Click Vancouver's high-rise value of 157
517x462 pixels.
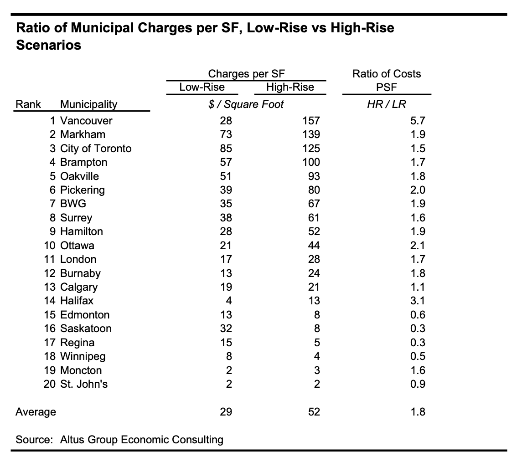tap(311, 121)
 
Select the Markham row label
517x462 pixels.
tap(83, 134)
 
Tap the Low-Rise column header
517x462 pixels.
tap(202, 87)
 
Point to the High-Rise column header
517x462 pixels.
tap(290, 87)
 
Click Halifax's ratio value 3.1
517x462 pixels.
tap(418, 301)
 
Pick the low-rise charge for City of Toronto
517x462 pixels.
tap(226, 148)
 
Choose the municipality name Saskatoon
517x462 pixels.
tap(86, 329)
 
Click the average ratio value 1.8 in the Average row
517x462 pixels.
tap(418, 412)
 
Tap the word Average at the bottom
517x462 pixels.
tap(36, 412)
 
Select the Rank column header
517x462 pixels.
tap(28, 104)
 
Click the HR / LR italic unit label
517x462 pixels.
tap(387, 104)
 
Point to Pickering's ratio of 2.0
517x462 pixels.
tap(418, 190)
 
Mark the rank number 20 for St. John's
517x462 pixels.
tap(49, 384)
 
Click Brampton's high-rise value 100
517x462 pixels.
tap(311, 162)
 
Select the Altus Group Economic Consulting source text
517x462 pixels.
tap(142, 440)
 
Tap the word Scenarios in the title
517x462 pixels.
tap(48, 45)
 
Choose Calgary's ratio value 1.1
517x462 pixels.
tap(418, 287)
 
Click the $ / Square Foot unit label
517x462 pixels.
tap(246, 104)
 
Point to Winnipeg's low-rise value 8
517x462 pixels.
tap(229, 356)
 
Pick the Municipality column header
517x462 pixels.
tap(89, 104)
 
